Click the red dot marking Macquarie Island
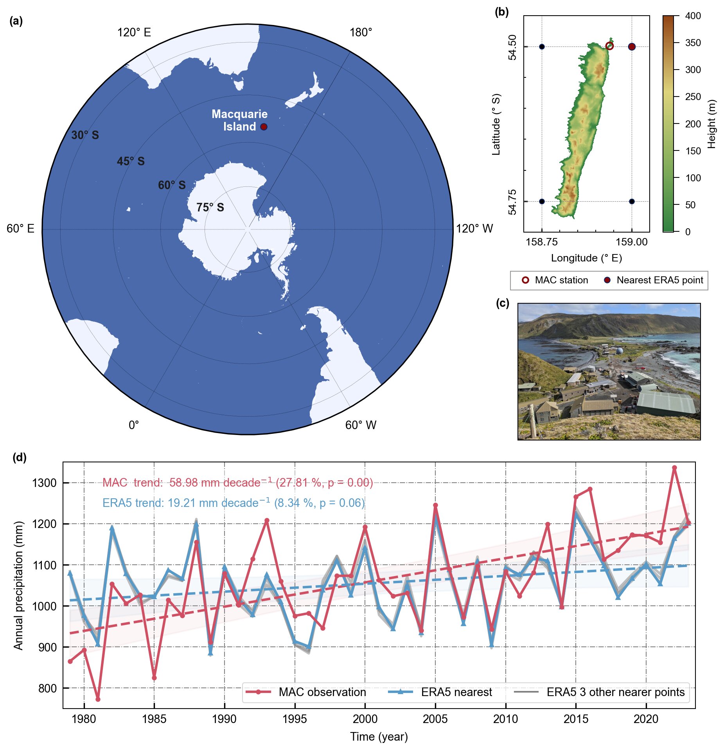(x=264, y=127)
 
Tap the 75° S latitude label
(x=210, y=208)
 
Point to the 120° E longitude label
(x=134, y=32)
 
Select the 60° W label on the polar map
(x=360, y=425)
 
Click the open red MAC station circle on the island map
(x=609, y=46)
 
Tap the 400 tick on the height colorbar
(x=693, y=16)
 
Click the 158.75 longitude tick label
(x=541, y=242)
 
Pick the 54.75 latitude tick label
(x=512, y=202)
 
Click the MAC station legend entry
(x=555, y=280)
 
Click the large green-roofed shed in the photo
(x=665, y=402)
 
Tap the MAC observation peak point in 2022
(x=674, y=467)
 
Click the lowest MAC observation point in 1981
(x=98, y=699)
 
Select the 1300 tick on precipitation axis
(x=44, y=483)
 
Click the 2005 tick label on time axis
(x=435, y=719)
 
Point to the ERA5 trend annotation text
(x=233, y=503)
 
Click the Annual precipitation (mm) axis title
(x=18, y=585)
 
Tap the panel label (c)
(x=502, y=303)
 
